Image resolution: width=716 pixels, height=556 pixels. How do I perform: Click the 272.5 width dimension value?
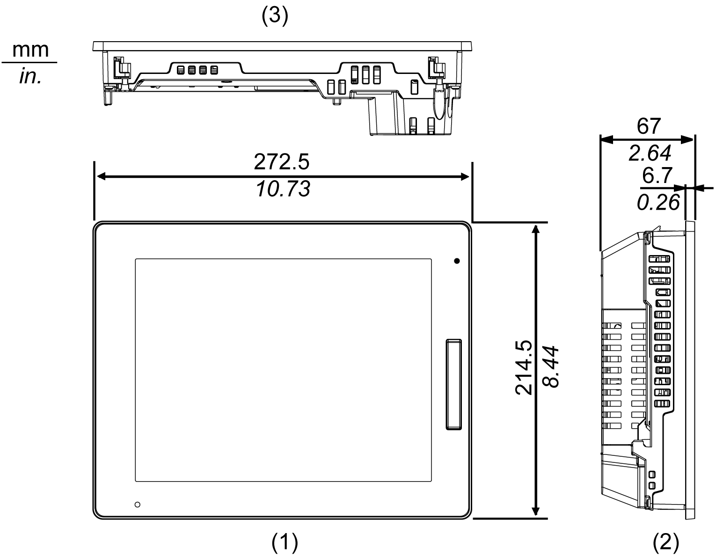click(282, 162)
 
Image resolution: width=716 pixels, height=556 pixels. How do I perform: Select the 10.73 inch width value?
click(283, 190)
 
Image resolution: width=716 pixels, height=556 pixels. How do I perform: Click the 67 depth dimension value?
click(649, 126)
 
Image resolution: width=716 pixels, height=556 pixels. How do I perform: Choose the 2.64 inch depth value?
click(650, 153)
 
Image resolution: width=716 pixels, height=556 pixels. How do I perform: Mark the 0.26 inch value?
click(658, 202)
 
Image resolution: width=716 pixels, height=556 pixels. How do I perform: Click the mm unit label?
click(30, 50)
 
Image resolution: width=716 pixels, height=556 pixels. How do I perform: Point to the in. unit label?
click(31, 76)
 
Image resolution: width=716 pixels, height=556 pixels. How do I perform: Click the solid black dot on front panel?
click(457, 261)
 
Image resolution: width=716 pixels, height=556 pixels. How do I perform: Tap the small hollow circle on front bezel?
click(137, 505)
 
